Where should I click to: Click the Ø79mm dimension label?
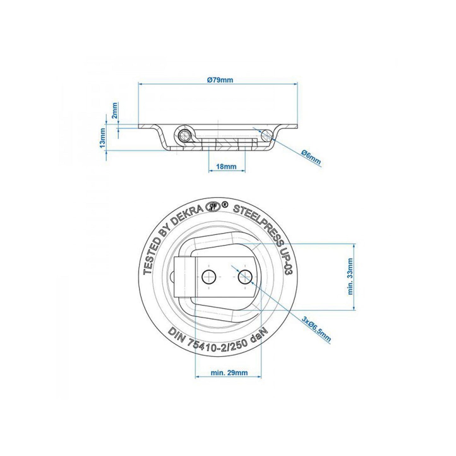coord(220,80)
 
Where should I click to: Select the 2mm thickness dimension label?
coord(115,110)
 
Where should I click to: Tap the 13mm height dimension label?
coord(102,139)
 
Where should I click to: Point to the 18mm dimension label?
coord(227,166)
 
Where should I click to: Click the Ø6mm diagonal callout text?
coord(311,157)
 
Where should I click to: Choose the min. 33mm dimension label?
coord(350,276)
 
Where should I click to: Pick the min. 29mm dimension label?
coord(229,373)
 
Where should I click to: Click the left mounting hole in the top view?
coord(208,277)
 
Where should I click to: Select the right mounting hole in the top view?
coord(245,277)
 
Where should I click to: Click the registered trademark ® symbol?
coord(224,205)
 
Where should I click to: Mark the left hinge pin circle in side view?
coord(184,136)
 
